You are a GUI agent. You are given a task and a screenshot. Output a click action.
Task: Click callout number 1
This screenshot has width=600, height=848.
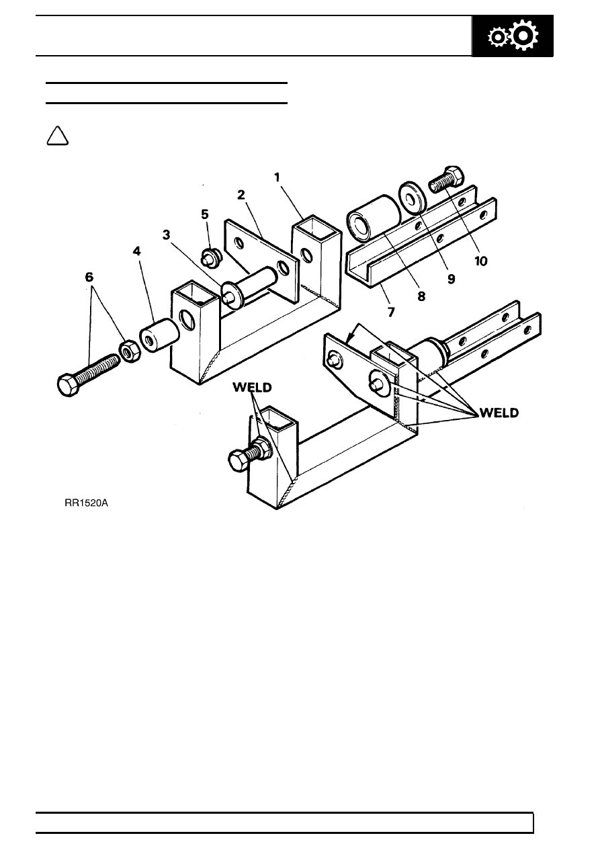tap(277, 177)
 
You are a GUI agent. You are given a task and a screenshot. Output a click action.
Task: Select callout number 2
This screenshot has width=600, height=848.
tap(241, 195)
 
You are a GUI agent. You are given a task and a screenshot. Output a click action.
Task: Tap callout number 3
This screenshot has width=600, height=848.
tap(166, 235)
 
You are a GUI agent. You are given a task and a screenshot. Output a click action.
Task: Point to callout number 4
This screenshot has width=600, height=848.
tap(136, 251)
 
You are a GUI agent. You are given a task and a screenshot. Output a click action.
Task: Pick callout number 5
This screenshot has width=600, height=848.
tap(205, 214)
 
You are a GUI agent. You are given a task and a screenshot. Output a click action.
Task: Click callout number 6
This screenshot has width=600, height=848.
tap(89, 278)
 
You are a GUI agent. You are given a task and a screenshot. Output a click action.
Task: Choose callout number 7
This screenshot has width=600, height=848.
tap(391, 312)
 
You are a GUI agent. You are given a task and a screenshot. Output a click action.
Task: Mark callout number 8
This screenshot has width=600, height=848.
tap(421, 296)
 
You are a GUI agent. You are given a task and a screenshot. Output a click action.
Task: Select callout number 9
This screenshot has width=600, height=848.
tap(452, 279)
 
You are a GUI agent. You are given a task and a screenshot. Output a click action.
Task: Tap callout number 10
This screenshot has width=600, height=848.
tap(481, 261)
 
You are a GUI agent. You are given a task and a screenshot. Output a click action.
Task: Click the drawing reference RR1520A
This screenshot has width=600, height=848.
tap(86, 503)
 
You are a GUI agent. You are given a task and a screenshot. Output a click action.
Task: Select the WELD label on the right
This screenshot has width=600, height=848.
tap(499, 413)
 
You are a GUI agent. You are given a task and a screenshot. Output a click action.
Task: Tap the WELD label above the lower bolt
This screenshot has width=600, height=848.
tap(252, 388)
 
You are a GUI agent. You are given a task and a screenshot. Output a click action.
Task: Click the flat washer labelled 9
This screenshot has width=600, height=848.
tap(413, 198)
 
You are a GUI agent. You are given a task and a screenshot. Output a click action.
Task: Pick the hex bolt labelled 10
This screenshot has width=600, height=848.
tap(446, 179)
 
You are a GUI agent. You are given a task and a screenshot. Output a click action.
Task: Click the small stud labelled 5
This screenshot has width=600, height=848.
tap(211, 258)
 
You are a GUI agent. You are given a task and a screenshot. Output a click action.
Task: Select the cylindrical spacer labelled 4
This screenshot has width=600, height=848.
tap(159, 335)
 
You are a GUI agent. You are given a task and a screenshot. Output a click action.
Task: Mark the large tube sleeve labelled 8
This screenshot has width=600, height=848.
tap(374, 218)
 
